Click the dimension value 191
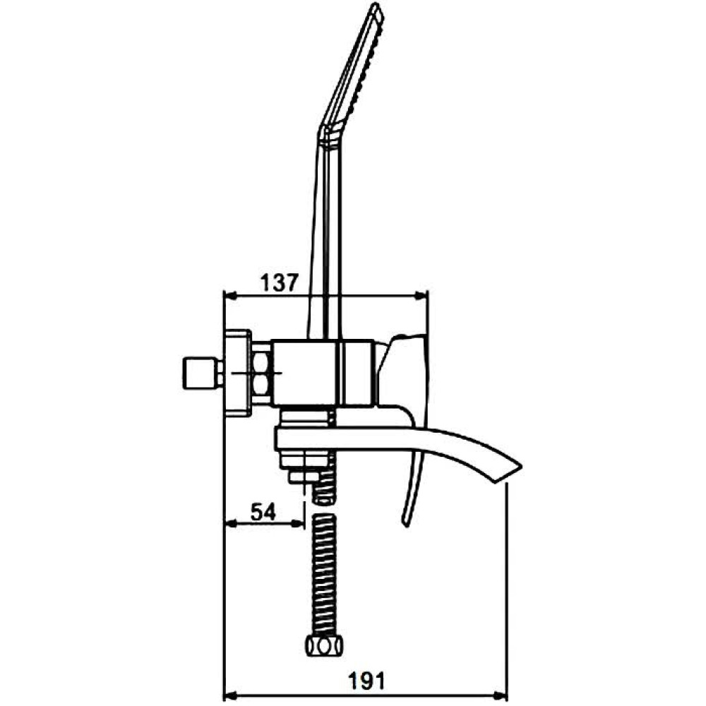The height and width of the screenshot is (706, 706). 367,681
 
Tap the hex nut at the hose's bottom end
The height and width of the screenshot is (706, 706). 324,647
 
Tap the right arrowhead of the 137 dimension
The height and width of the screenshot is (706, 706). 422,296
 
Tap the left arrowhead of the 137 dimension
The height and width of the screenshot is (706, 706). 230,296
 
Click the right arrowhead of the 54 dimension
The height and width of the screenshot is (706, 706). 299,523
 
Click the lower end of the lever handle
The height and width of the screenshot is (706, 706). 405,523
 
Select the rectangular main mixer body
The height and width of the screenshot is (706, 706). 324,372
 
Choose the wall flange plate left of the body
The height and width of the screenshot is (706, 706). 237,373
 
